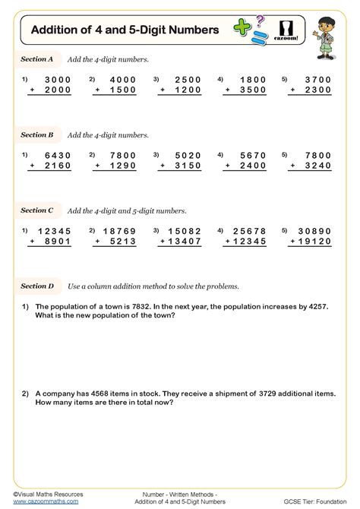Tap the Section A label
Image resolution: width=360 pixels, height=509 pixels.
click(x=37, y=58)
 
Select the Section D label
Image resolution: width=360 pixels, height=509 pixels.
click(x=37, y=286)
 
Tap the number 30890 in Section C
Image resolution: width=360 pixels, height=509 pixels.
click(x=314, y=231)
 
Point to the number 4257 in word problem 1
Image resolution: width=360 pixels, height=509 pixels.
click(x=318, y=307)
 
